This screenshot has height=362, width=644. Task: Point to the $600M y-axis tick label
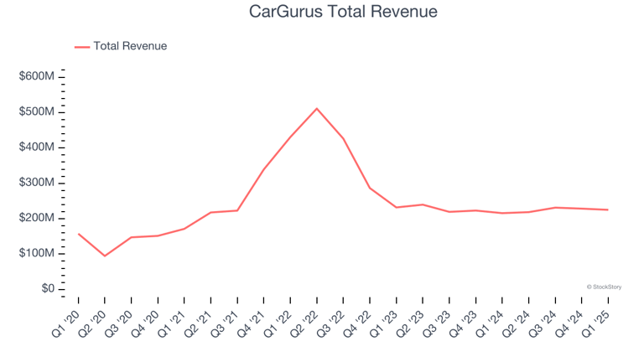point(37,77)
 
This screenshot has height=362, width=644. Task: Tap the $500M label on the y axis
point(37,112)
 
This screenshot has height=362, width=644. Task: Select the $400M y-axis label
point(37,147)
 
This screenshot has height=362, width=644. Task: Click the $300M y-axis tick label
point(37,183)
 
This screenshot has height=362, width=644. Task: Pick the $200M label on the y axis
point(37,218)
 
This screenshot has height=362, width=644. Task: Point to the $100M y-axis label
point(37,253)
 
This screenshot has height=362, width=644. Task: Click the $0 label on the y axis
point(48,289)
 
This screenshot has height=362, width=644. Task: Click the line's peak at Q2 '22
point(317,108)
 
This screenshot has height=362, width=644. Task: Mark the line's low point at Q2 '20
point(104,256)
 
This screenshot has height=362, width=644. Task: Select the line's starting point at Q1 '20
point(78,234)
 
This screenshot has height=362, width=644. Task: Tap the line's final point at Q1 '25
point(608,209)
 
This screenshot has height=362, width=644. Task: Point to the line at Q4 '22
point(370,188)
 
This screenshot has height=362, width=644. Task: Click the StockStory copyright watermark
point(604,287)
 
